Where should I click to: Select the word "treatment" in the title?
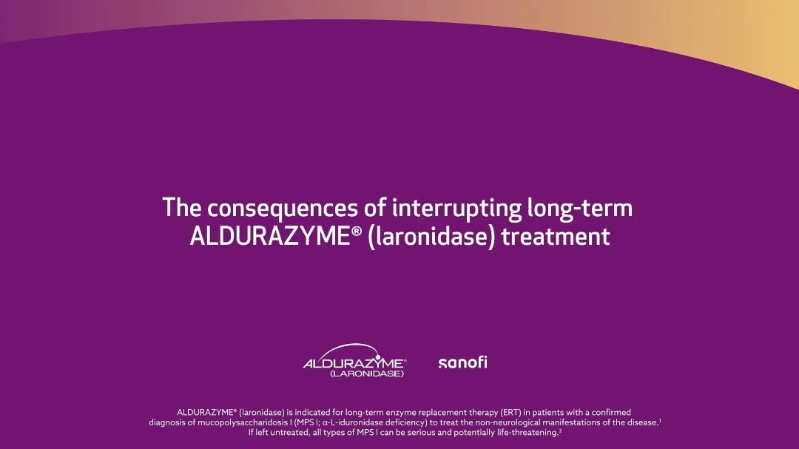(x=556, y=237)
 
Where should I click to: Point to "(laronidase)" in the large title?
(x=431, y=237)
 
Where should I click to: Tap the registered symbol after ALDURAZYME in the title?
(x=356, y=232)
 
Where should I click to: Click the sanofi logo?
(x=462, y=362)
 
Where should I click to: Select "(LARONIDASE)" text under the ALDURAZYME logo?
(x=367, y=374)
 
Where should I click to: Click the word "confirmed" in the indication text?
(x=611, y=412)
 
